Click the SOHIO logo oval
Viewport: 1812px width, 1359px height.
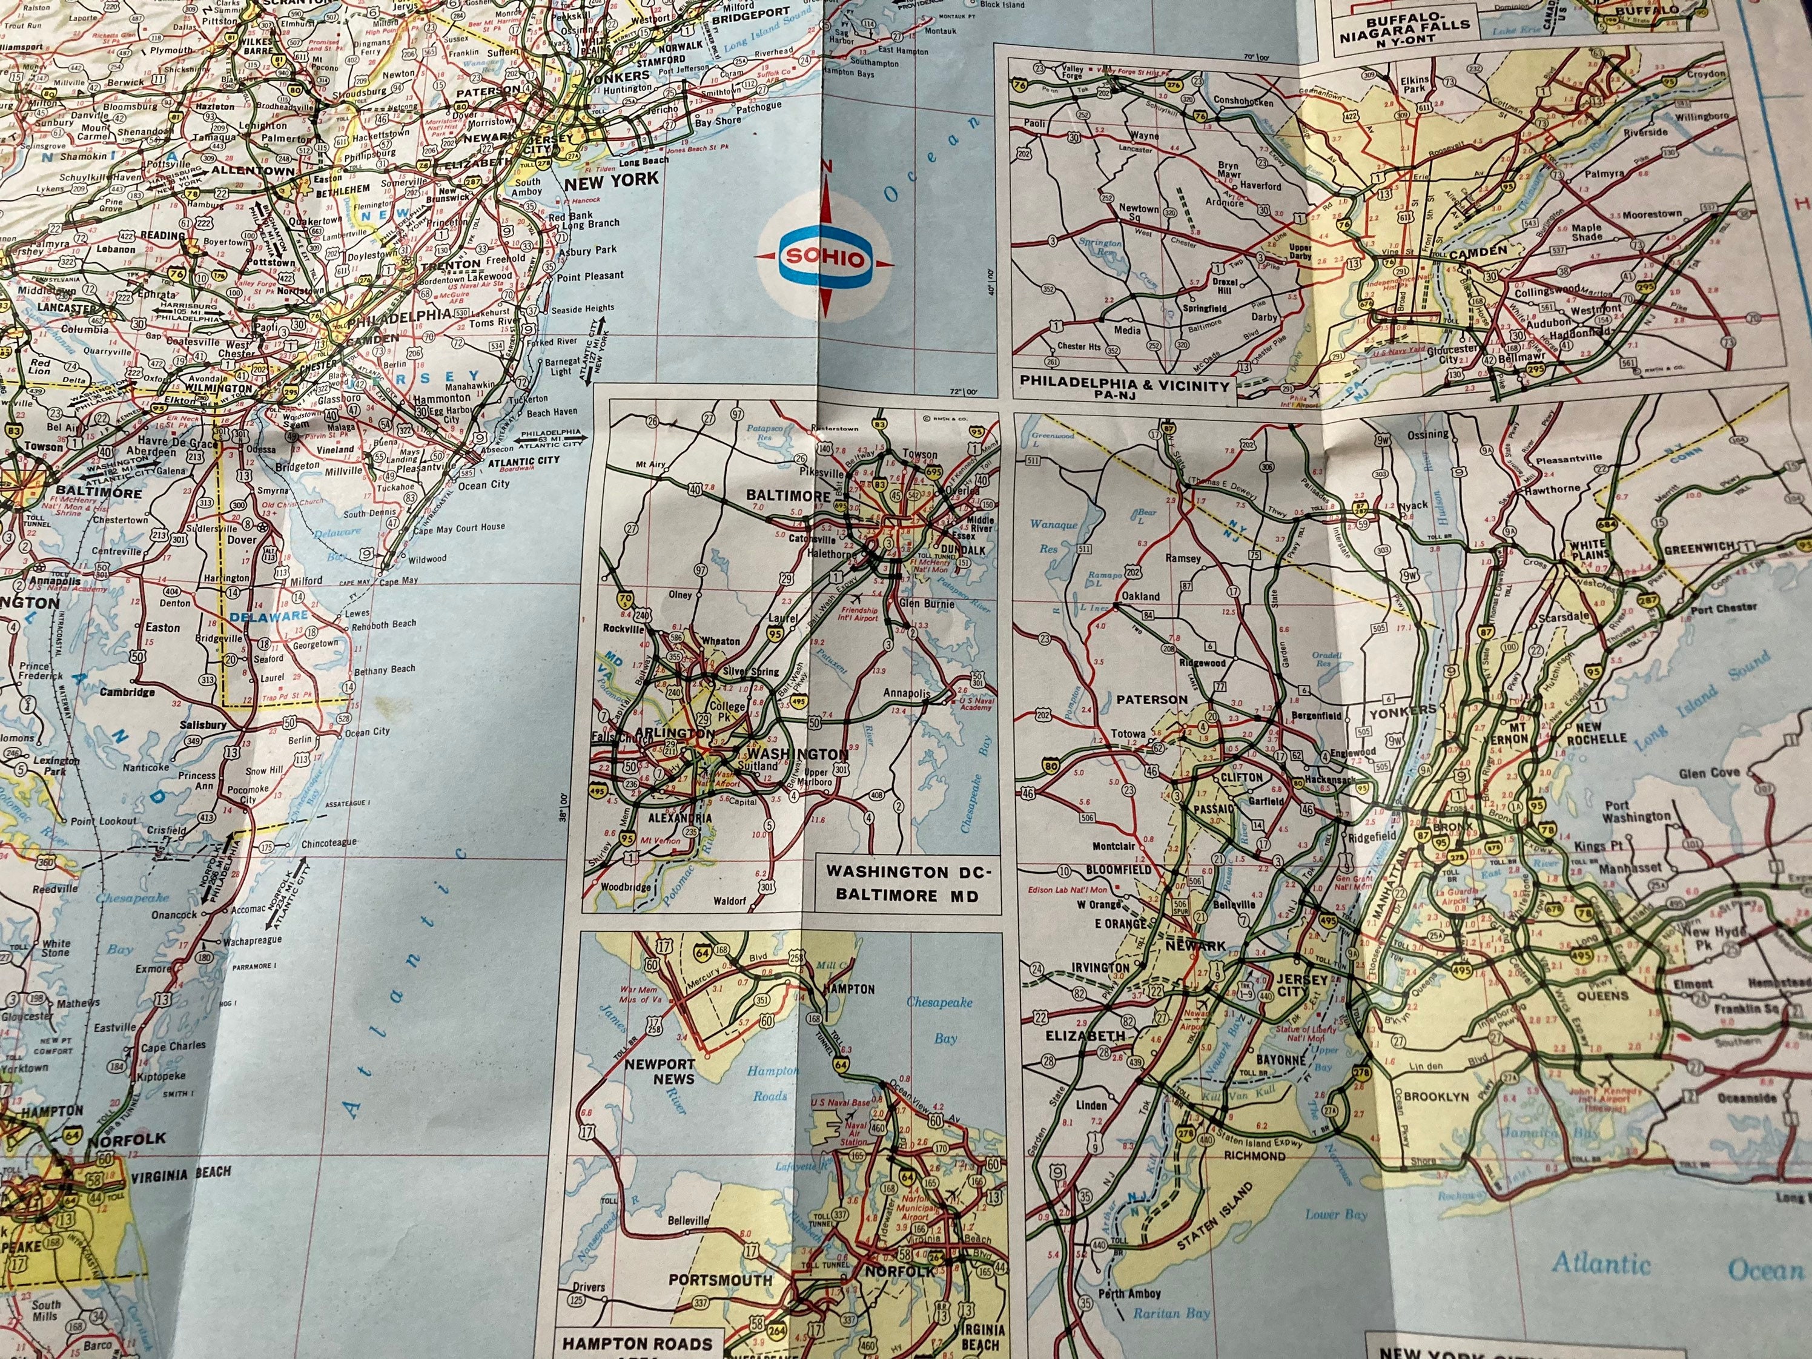[825, 258]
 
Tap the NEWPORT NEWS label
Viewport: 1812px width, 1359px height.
[660, 1071]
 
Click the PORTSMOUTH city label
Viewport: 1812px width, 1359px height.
[720, 1280]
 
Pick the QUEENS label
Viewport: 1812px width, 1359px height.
[1602, 996]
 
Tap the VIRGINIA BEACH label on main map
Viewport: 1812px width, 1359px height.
[180, 1174]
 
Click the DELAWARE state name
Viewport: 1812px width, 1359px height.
[269, 616]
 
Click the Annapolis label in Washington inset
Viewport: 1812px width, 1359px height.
[906, 693]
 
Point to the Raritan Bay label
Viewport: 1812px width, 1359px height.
[1171, 1313]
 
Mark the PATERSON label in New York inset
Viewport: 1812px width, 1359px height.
[1151, 699]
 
